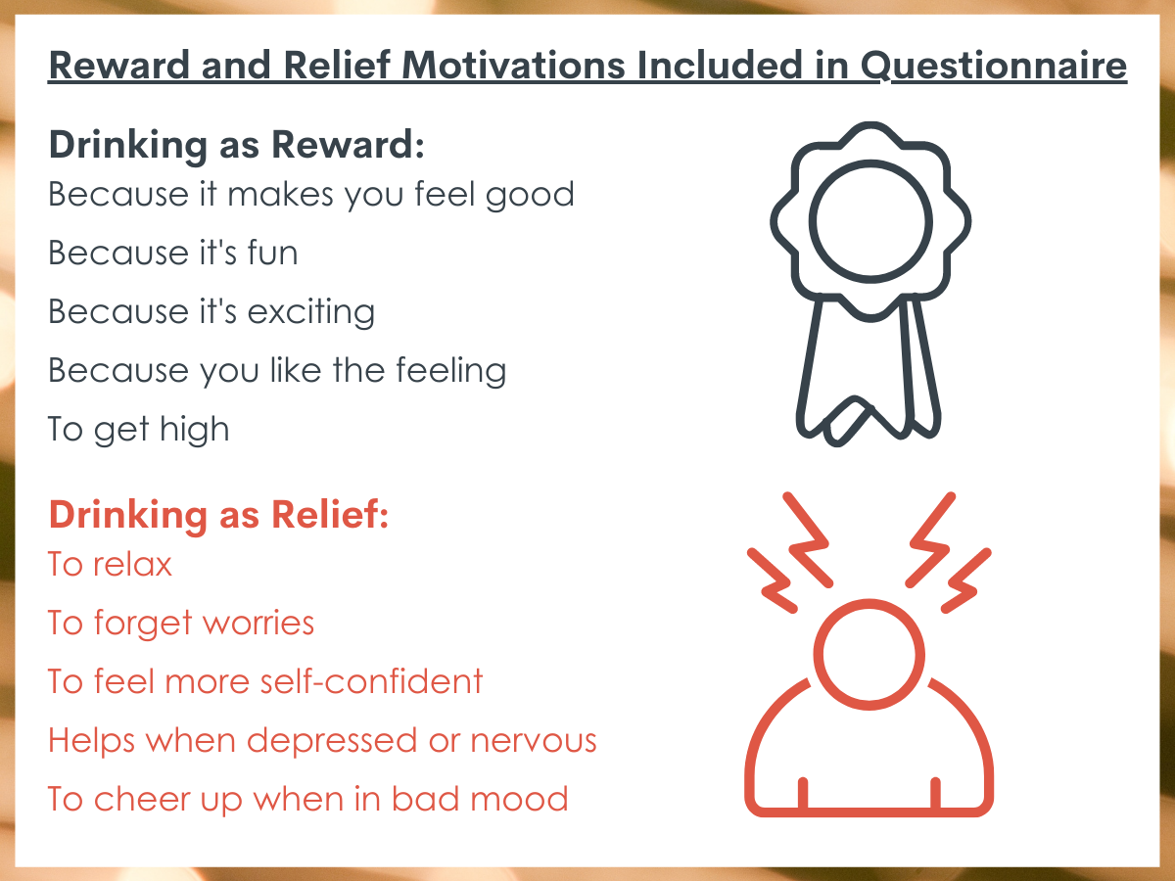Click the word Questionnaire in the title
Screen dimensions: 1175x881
[994, 67]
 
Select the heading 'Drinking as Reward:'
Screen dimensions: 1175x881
[237, 145]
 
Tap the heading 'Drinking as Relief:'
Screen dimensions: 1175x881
[218, 515]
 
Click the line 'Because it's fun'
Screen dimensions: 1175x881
[173, 253]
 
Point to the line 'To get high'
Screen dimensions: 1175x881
[139, 430]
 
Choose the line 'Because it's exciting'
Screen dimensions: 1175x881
[211, 312]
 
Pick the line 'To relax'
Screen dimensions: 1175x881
[110, 564]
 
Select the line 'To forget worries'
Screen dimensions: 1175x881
[181, 624]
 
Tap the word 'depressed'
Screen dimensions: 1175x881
[332, 742]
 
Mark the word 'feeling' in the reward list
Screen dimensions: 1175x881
[451, 371]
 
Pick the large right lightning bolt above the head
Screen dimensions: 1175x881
[931, 541]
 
